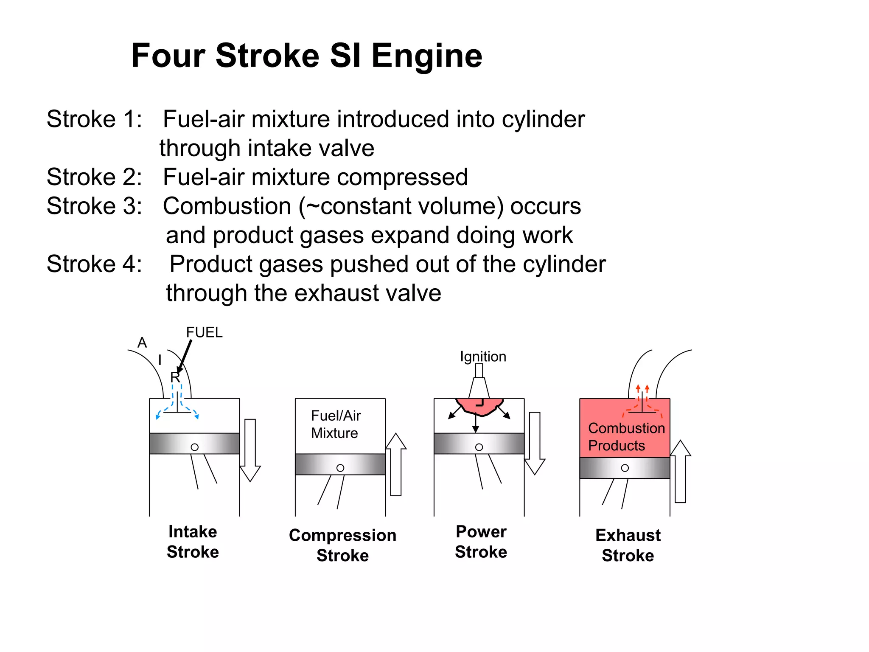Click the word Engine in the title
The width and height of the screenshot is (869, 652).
tap(426, 56)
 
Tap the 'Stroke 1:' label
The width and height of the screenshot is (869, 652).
tap(94, 119)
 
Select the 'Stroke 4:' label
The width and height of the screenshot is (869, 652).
tap(94, 264)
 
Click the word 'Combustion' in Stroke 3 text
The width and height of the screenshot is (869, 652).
tap(227, 206)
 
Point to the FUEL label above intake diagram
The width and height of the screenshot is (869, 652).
tap(204, 332)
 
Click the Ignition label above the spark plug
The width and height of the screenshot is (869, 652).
tap(483, 357)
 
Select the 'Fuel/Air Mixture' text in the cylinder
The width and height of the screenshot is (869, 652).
tap(336, 424)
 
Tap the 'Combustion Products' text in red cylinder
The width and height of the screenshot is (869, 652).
tap(626, 437)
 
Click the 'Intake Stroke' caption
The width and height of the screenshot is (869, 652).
tap(193, 542)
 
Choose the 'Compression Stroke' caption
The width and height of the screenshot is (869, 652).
tap(342, 545)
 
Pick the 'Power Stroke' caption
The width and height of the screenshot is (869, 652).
tap(481, 542)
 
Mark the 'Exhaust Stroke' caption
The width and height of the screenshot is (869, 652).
tap(628, 545)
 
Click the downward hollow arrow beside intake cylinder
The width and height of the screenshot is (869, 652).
tap(250, 450)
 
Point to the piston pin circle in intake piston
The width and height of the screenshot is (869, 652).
tap(195, 447)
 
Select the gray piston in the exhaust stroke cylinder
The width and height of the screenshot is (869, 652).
tap(625, 468)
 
